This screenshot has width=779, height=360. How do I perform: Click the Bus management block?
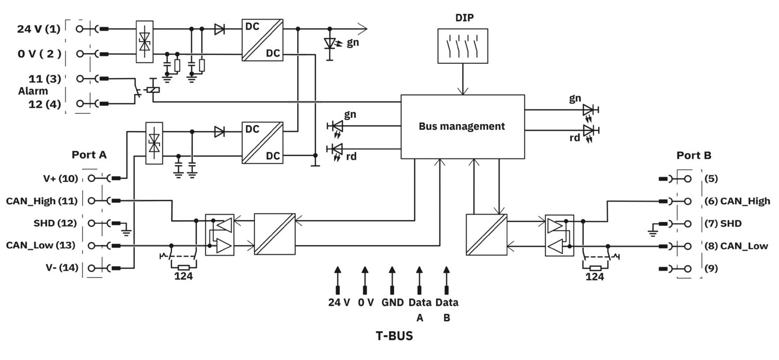tap(462, 126)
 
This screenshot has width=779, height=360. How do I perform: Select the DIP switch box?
tap(462, 46)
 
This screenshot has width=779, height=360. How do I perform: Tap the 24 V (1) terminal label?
tap(39, 29)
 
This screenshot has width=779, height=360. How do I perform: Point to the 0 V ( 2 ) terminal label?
tap(39, 54)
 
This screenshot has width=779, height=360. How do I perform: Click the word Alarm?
tap(33, 91)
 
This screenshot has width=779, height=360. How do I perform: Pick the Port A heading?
tap(89, 155)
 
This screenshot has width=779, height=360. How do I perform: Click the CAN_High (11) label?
tap(42, 201)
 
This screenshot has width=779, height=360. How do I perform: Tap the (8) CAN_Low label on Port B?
tap(736, 246)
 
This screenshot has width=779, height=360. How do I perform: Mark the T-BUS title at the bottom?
tap(394, 336)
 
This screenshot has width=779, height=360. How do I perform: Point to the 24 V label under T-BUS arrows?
tap(339, 302)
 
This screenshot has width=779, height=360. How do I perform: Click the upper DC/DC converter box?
tap(262, 40)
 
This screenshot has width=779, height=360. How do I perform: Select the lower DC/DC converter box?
tap(262, 143)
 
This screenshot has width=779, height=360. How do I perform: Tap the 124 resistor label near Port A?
tap(183, 277)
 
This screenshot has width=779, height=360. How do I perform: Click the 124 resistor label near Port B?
tap(595, 277)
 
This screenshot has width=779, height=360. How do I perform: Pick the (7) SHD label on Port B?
tap(723, 223)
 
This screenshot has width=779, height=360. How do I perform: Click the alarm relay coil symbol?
tap(153, 89)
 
